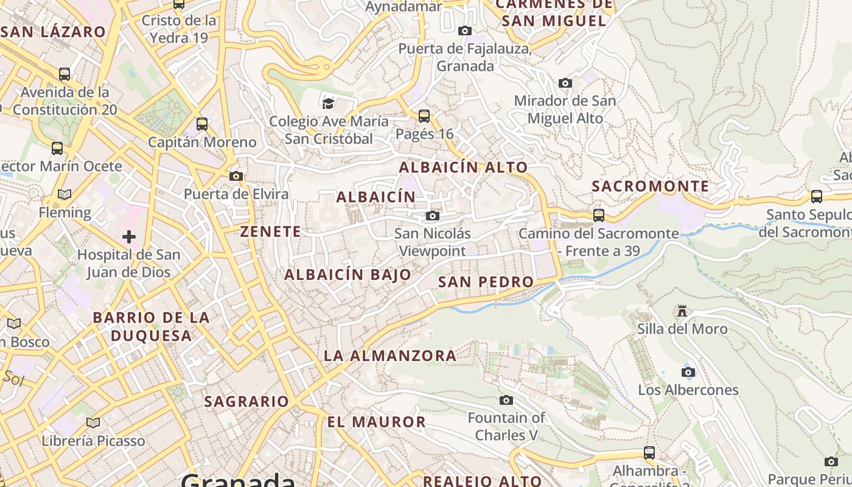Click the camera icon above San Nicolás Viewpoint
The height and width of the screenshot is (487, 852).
[x=433, y=215]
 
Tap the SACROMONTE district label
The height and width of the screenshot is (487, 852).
[x=651, y=186]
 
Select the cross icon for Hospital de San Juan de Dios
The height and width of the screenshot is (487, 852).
[x=129, y=236]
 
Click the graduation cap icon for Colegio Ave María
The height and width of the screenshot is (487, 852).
[x=329, y=103]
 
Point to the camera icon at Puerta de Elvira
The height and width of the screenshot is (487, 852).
[x=236, y=177]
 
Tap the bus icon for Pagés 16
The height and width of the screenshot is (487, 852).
[x=424, y=116]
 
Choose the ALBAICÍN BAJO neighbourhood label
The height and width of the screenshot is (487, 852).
[x=348, y=275]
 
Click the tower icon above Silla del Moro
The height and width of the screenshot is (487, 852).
[x=682, y=311]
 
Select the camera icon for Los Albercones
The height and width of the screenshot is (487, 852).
[x=688, y=372]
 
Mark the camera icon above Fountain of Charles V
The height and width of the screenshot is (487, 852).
[x=506, y=400]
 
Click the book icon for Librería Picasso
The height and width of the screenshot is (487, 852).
[x=93, y=422]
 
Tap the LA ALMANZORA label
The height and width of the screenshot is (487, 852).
[x=390, y=356]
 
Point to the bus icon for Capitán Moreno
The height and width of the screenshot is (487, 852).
[x=202, y=124]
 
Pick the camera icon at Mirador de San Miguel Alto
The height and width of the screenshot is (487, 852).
[x=565, y=83]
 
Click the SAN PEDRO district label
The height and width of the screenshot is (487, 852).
[x=486, y=282]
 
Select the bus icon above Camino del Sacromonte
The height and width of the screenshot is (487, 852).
[x=599, y=215]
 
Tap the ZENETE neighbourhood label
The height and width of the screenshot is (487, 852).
[x=271, y=232]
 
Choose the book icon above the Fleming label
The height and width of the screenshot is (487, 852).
[x=65, y=195]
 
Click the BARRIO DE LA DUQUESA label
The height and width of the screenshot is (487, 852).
[x=151, y=326]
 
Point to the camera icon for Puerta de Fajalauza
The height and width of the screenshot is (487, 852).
[x=465, y=30]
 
